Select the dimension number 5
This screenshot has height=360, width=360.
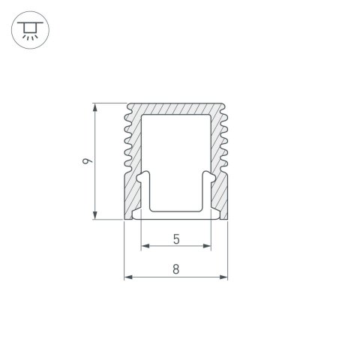click(x=175, y=239)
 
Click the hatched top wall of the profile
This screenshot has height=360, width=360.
click(x=175, y=108)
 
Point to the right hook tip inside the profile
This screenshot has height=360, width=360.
click(x=208, y=178)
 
